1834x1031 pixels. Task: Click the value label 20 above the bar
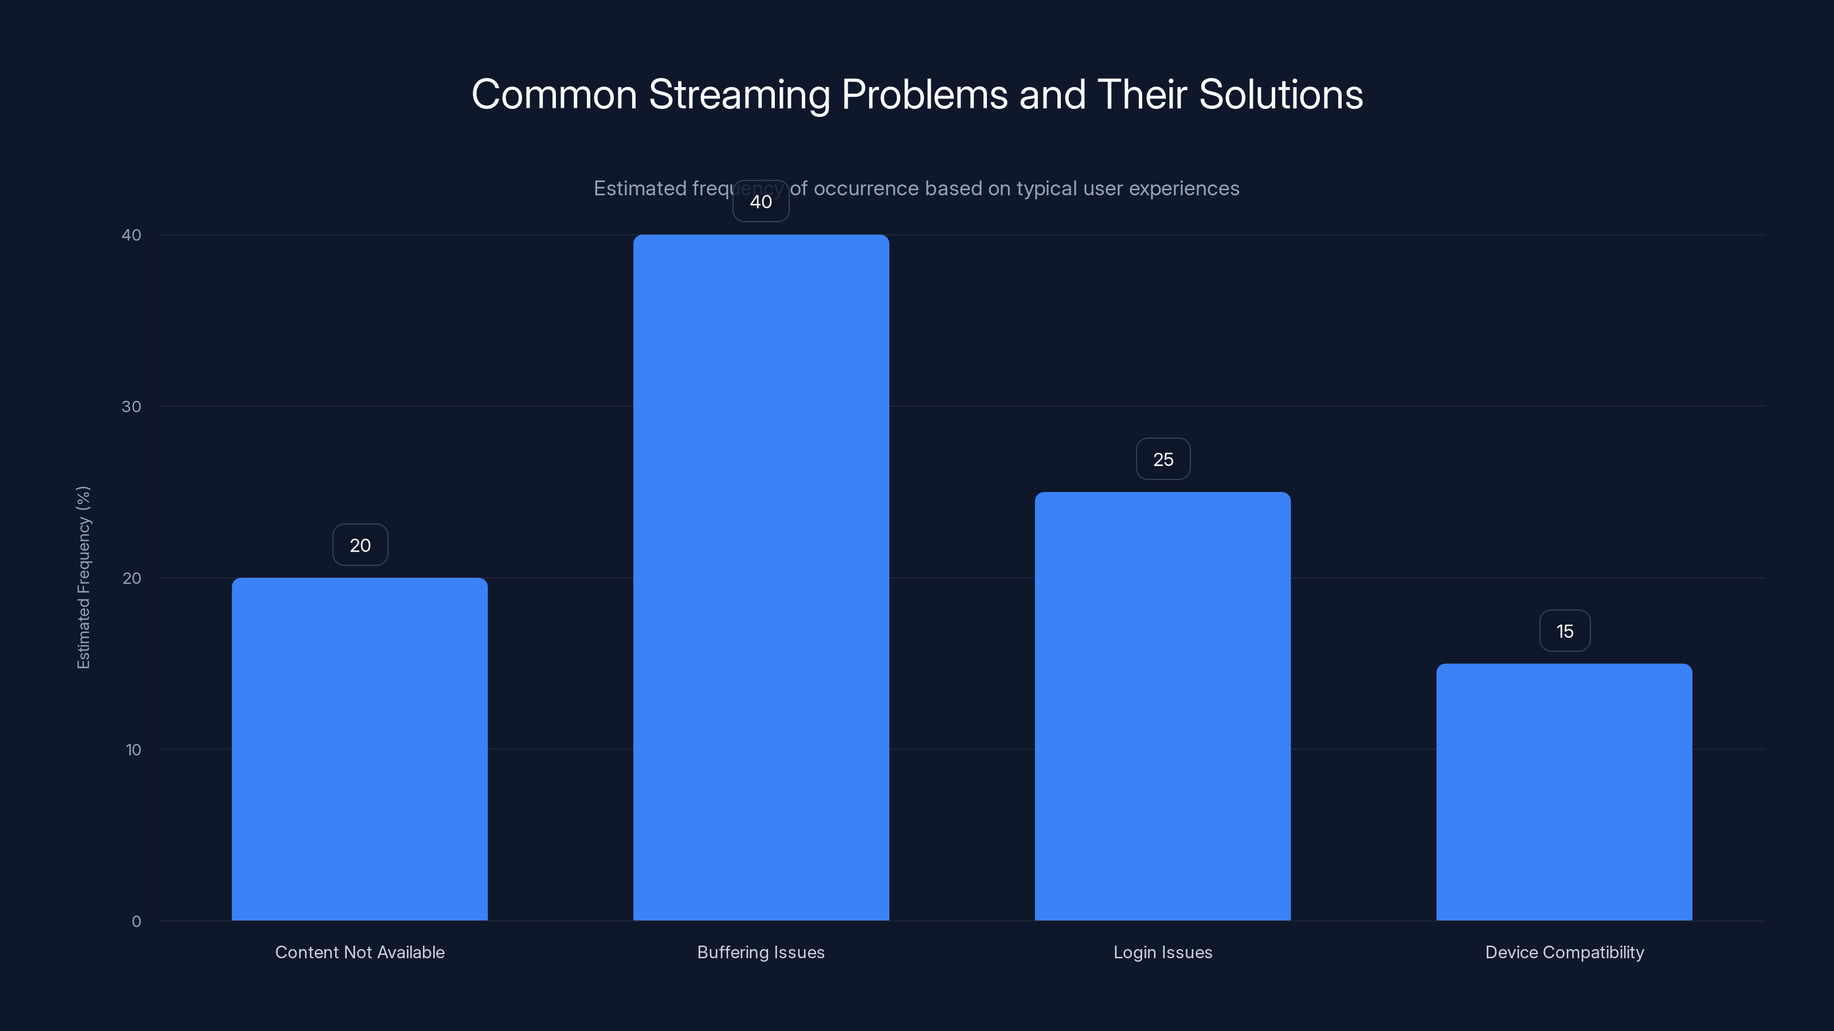pos(360,545)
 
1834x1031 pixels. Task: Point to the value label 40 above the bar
pos(761,202)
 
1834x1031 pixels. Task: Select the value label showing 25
pos(1163,459)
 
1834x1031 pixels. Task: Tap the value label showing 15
pos(1564,631)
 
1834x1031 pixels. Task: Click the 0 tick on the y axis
pos(136,922)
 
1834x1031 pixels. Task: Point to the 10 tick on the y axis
pos(133,750)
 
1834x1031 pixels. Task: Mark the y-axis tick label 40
pos(131,235)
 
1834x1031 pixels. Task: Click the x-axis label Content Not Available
pos(359,952)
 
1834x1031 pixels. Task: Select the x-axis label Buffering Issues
pos(761,952)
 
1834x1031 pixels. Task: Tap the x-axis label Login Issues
pos(1163,952)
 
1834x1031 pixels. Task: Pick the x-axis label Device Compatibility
pos(1564,952)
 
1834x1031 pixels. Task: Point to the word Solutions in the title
pos(1280,95)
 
